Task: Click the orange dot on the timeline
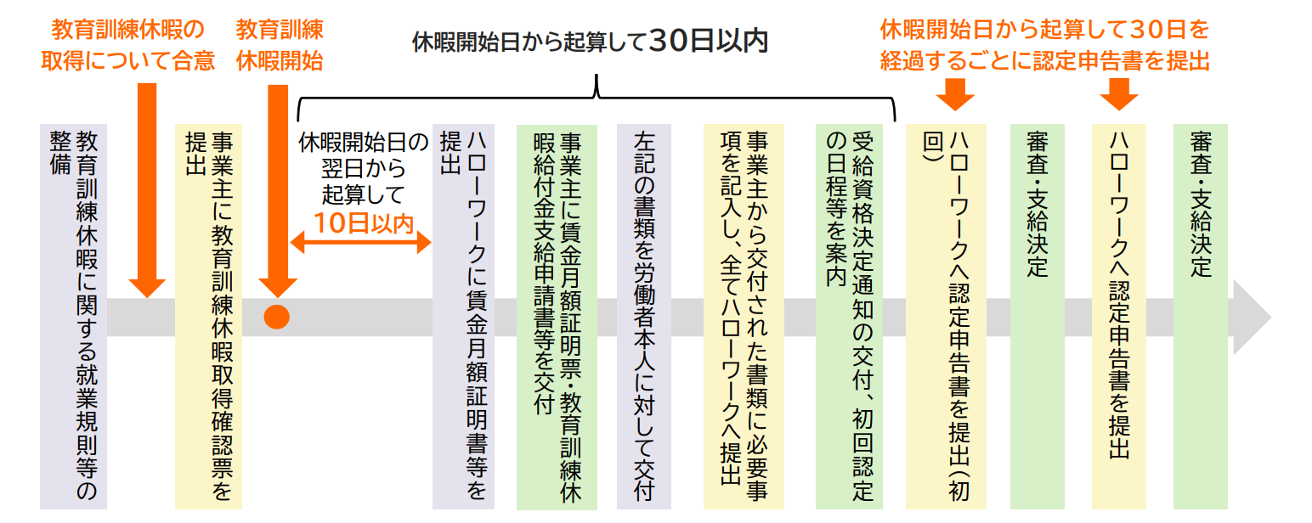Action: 276,317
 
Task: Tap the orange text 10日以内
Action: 364,223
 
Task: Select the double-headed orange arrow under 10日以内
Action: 361,242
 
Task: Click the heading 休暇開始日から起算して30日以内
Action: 590,41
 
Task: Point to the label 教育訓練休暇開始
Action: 280,45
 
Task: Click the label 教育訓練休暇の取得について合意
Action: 127,45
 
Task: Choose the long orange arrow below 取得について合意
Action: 147,190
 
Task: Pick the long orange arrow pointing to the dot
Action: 278,191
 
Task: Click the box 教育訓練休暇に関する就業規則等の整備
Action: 73,317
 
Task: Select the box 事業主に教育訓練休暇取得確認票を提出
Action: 208,317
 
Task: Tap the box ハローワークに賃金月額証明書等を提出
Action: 463,317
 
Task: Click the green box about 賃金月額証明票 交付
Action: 557,317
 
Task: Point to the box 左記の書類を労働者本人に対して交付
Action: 644,317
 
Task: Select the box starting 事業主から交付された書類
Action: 744,317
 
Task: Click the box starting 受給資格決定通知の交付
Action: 849,317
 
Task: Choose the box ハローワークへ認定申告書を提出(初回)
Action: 946,317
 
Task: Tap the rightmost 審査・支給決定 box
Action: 1201,317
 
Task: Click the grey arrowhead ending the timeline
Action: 1251,317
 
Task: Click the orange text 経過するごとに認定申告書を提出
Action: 1045,61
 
